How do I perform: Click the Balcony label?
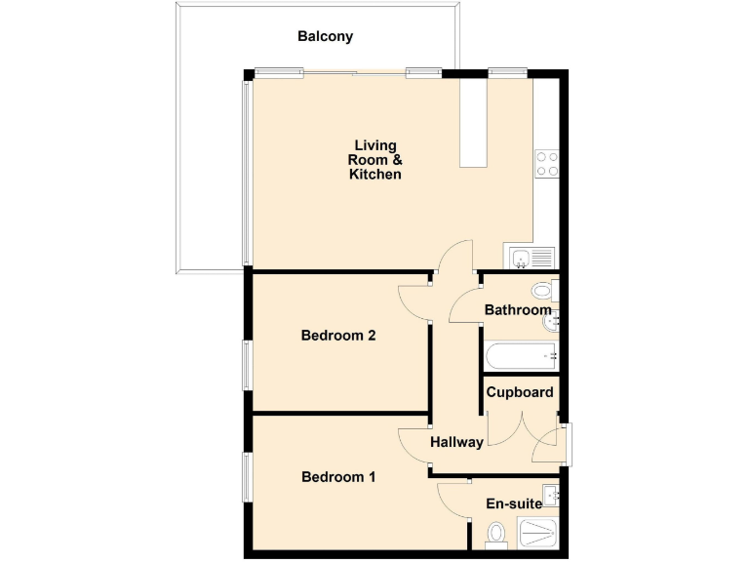pyautogui.click(x=325, y=37)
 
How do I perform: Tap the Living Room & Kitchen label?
pyautogui.click(x=375, y=160)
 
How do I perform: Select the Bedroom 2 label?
pyautogui.click(x=338, y=336)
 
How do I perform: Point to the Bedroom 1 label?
pyautogui.click(x=338, y=477)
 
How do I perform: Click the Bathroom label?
pyautogui.click(x=518, y=310)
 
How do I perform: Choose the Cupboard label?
pyautogui.click(x=520, y=393)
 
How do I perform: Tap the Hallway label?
pyautogui.click(x=456, y=442)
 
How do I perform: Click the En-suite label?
pyautogui.click(x=513, y=504)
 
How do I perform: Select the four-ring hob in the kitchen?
pyautogui.click(x=546, y=164)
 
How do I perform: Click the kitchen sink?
pyautogui.click(x=532, y=258)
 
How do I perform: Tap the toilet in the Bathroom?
pyautogui.click(x=543, y=291)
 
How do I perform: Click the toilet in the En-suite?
pyautogui.click(x=495, y=534)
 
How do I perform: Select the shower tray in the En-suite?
pyautogui.click(x=538, y=533)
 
